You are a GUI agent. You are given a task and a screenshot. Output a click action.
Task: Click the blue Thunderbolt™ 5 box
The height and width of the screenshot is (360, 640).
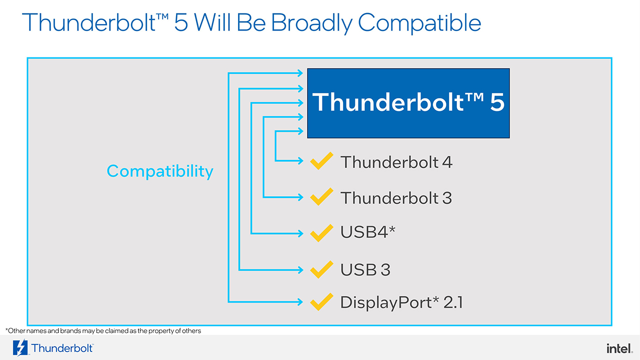(408, 103)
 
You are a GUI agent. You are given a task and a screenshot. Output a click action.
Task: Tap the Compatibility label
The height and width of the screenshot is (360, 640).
(160, 171)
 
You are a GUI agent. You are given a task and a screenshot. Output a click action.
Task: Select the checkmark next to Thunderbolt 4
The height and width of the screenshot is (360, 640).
(321, 161)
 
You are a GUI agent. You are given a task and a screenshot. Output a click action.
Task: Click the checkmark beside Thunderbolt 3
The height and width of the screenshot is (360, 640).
(321, 196)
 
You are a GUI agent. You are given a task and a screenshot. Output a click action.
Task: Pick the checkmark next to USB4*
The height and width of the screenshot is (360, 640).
(321, 233)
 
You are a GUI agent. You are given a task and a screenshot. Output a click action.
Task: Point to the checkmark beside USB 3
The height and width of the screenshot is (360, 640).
(321, 269)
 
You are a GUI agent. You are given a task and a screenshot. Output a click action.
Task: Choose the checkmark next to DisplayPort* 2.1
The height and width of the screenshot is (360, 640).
(321, 301)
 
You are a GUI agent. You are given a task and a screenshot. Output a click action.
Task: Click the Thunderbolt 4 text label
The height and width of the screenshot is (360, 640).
(396, 162)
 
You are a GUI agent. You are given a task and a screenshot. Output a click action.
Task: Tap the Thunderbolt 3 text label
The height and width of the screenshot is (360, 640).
(396, 198)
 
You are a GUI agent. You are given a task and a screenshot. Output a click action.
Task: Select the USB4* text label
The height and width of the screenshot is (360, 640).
(367, 231)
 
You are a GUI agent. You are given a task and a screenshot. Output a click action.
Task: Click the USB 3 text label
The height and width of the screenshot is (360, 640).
(365, 269)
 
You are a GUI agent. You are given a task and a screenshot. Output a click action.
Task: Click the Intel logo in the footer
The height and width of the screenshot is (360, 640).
(619, 348)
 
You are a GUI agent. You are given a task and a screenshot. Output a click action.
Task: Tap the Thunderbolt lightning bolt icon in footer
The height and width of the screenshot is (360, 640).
(20, 347)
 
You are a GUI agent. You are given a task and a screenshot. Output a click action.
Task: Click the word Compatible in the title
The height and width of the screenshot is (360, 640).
(419, 23)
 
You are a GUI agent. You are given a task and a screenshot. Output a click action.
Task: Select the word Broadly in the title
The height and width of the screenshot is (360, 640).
(311, 23)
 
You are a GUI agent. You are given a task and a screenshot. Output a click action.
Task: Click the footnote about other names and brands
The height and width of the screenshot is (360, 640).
(103, 331)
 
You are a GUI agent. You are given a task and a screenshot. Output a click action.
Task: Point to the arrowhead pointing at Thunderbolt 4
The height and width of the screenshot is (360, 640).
(300, 161)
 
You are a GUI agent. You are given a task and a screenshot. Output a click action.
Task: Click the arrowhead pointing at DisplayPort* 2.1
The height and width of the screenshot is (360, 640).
(300, 301)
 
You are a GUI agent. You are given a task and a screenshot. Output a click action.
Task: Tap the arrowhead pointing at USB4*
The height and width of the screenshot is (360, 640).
(300, 233)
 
